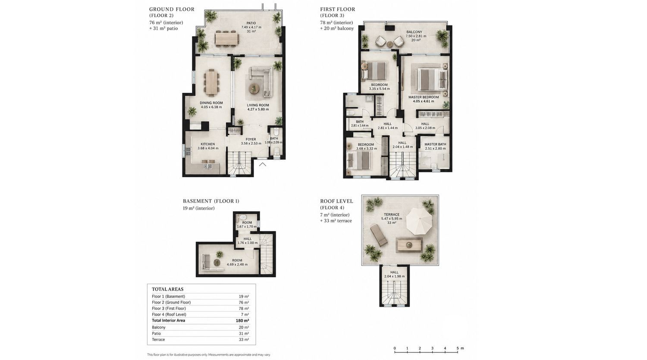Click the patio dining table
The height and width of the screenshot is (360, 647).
point(227,39)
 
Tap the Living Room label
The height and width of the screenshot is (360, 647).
point(258,105)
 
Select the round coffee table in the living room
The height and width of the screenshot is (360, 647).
point(254,88)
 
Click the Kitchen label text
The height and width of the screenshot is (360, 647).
point(207,144)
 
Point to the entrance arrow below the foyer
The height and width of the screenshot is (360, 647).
point(263,164)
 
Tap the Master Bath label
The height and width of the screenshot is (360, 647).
point(435,144)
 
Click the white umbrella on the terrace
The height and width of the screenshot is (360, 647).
point(419,222)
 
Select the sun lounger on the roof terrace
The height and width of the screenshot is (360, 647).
point(379,236)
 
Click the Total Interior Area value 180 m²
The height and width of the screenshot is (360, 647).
point(242,320)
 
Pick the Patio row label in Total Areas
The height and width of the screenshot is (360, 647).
point(156,333)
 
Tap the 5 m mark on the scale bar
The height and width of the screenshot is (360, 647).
point(458,348)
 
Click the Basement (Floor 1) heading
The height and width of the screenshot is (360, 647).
point(211,201)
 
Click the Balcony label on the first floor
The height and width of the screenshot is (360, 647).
point(414,32)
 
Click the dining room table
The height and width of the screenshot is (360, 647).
point(212,83)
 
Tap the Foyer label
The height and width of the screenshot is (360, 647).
point(251,139)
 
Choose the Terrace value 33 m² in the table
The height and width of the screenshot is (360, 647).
point(244,339)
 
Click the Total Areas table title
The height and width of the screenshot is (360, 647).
point(167,289)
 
